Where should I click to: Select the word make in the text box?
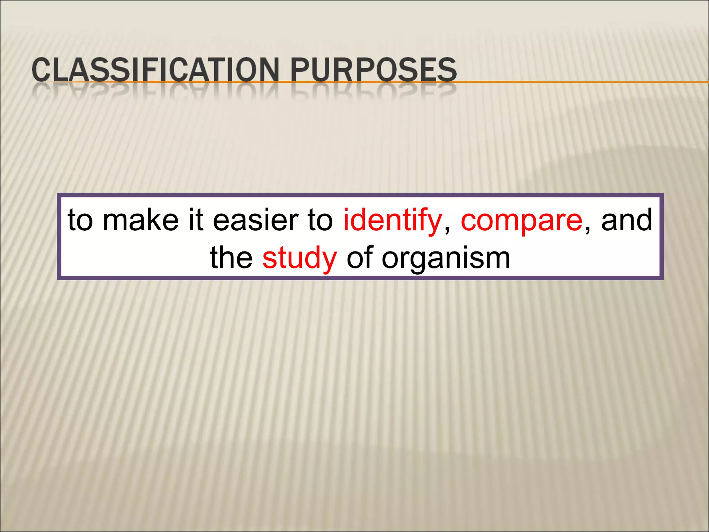141,220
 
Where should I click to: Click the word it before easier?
196,220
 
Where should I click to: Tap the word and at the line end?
626,220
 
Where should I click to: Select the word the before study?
231,258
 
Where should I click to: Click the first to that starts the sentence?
80,220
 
